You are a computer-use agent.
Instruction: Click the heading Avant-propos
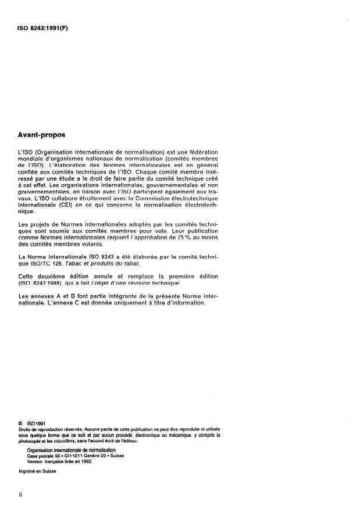[x=42, y=134]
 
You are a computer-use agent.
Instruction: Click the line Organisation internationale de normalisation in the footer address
[x=71, y=450]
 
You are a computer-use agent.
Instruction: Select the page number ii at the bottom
[x=20, y=494]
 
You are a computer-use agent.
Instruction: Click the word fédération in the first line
[x=205, y=152]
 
